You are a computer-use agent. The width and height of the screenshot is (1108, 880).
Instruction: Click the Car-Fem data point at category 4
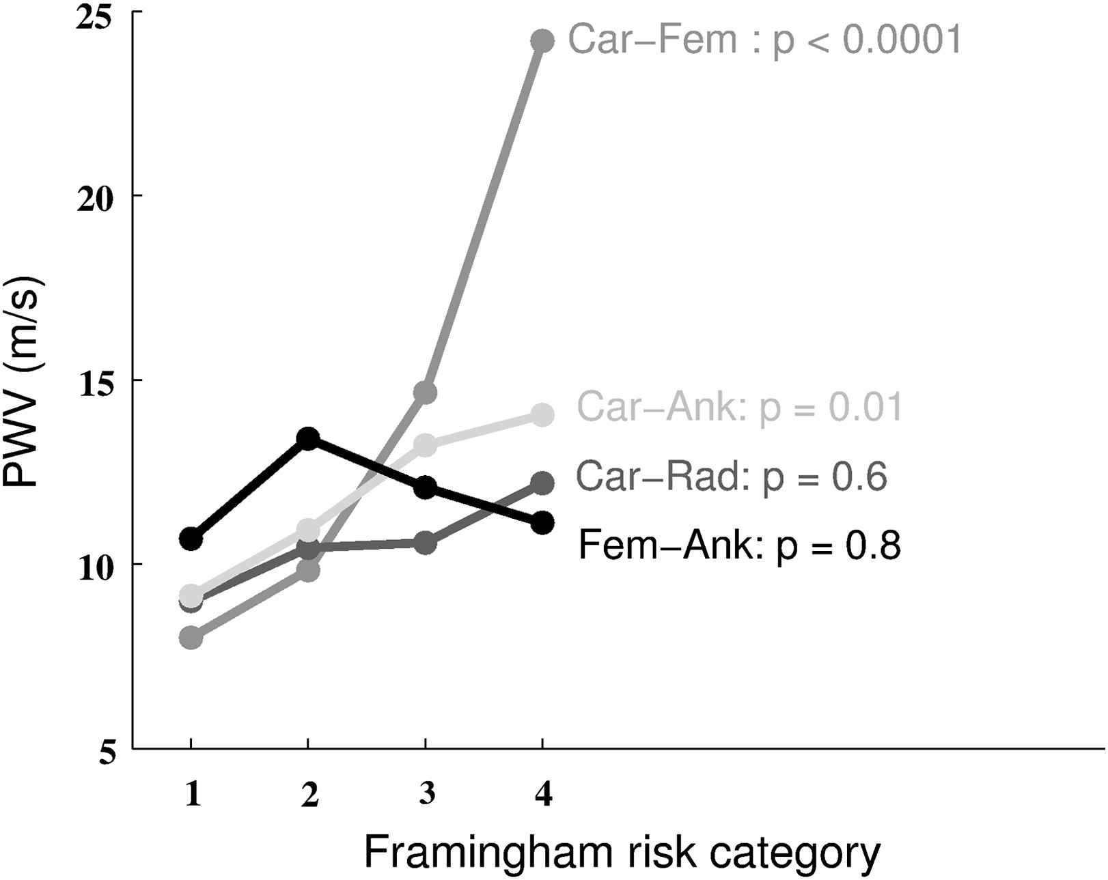(x=542, y=41)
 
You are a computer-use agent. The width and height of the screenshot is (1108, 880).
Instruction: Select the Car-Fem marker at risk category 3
(x=425, y=393)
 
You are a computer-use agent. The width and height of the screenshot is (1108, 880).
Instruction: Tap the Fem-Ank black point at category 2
(x=308, y=438)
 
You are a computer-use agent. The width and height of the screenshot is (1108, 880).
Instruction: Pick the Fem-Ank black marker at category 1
(x=191, y=539)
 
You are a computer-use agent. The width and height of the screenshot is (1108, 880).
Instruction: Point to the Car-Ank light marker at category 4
(x=542, y=414)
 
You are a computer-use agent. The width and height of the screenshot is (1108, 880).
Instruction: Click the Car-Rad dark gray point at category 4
(x=542, y=483)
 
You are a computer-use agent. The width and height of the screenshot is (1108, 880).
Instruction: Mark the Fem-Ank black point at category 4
(x=542, y=523)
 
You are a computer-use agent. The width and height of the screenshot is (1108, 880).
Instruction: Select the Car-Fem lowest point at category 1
(x=191, y=638)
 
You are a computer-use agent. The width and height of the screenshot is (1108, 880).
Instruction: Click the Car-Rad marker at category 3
(x=425, y=544)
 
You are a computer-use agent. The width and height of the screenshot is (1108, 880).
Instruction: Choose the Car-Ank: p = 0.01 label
(x=740, y=408)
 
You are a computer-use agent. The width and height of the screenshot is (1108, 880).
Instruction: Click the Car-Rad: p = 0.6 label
(x=732, y=477)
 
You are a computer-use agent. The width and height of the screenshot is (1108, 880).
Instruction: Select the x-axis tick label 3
(x=426, y=794)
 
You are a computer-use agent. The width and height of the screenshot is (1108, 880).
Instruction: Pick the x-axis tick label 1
(x=193, y=794)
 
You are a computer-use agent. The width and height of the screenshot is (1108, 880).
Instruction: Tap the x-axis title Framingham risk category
(x=622, y=851)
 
